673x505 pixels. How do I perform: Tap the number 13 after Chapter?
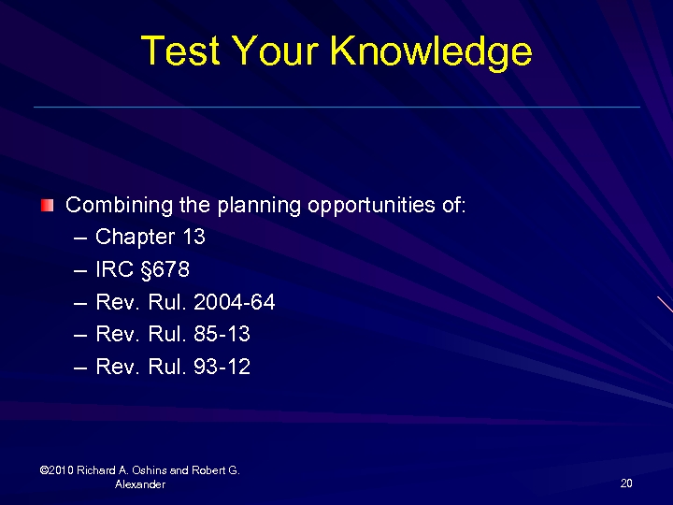click(x=193, y=238)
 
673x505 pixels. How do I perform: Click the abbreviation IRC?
click(x=115, y=270)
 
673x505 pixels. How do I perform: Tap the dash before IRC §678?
click(x=79, y=270)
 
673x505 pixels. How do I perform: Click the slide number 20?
click(x=625, y=483)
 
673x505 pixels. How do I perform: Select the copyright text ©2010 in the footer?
click(x=57, y=470)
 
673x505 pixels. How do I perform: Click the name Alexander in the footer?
click(x=140, y=484)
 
